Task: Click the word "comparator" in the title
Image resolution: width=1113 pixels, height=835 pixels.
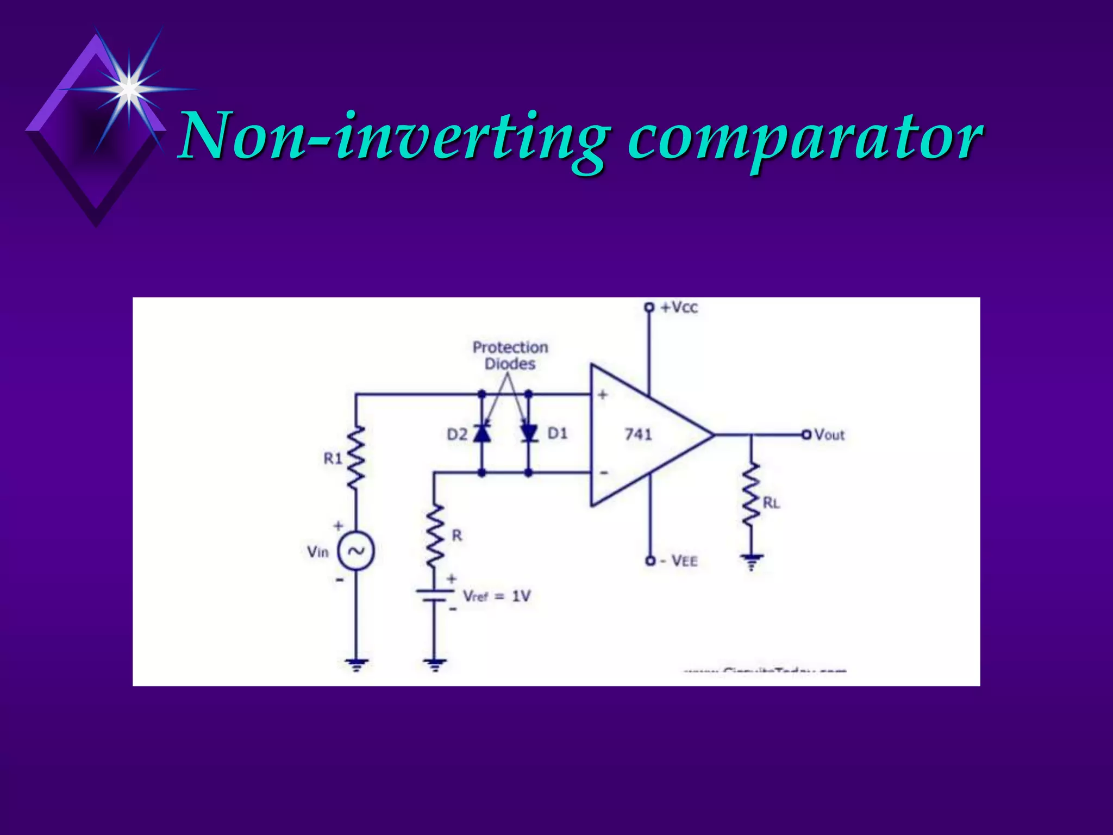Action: coord(804,137)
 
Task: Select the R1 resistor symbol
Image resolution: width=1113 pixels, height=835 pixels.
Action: coord(356,458)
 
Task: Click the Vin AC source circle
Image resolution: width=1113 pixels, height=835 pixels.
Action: coord(356,551)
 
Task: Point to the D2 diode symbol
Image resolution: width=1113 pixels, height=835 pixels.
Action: coord(482,434)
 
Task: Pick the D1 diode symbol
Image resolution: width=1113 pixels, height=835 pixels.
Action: coord(528,434)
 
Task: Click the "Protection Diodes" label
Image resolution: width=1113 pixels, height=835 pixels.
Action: coord(510,356)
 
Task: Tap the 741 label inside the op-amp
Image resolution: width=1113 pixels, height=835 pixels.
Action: coord(638,434)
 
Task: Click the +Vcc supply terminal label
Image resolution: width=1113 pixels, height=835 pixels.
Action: coord(679,308)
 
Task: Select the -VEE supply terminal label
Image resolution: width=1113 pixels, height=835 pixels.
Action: coord(679,560)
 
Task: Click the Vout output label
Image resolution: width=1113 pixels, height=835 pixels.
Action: coord(829,435)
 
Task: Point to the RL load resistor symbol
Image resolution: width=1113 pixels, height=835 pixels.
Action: coord(751,495)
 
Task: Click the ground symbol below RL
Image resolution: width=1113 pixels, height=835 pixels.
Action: coord(751,561)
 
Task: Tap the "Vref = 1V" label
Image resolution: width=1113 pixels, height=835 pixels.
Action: coord(496,596)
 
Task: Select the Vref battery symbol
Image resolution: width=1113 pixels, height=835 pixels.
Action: coord(434,595)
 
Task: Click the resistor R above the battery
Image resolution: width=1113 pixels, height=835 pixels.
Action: coord(434,535)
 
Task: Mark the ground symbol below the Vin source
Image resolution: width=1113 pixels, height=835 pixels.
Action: coord(356,665)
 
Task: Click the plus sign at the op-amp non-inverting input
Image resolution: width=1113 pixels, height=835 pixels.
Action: coord(602,395)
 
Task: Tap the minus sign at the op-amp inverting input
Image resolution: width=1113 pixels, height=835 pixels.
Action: coord(603,473)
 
